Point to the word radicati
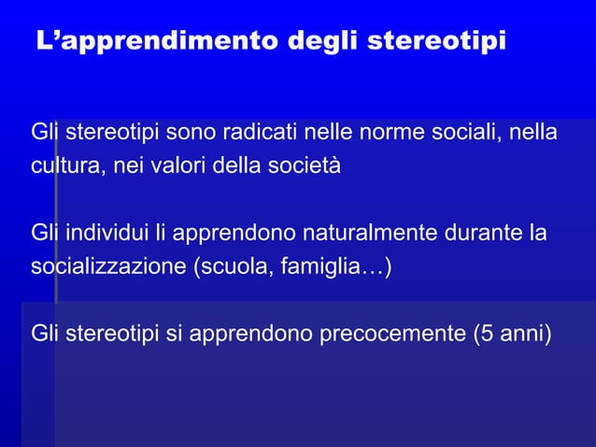[255, 133]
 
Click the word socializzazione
[108, 267]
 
